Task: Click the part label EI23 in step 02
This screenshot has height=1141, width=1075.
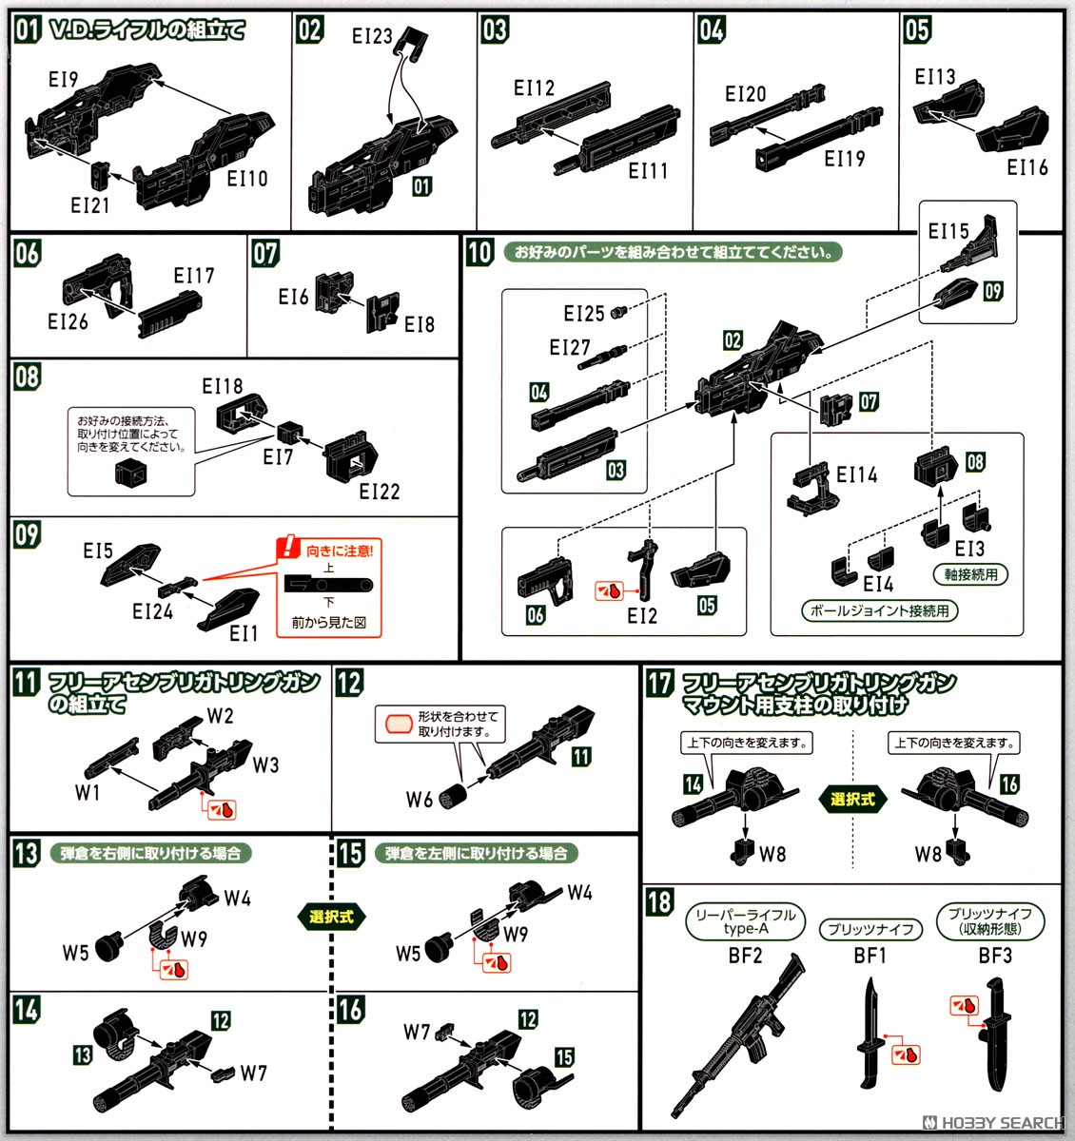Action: [371, 36]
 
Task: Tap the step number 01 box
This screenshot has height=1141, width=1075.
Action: [27, 29]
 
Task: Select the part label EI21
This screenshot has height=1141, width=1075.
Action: [89, 204]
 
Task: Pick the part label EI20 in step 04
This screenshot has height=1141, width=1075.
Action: [745, 94]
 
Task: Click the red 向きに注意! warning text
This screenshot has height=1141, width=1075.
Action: [339, 551]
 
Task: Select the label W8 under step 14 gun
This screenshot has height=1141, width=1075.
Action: [772, 854]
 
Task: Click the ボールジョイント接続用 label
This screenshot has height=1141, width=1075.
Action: [879, 610]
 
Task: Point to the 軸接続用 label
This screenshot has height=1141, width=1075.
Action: [970, 574]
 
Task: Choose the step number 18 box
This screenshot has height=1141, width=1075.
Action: [659, 901]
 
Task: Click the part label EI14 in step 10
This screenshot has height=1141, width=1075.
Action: [856, 474]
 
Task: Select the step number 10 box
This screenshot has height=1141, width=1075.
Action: [479, 252]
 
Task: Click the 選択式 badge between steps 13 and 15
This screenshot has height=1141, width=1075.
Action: [331, 917]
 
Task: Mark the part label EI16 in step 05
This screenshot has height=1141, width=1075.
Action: [1027, 167]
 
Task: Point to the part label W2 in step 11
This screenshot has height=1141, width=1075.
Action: [220, 716]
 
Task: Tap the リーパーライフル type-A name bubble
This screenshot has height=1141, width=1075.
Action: [745, 921]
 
